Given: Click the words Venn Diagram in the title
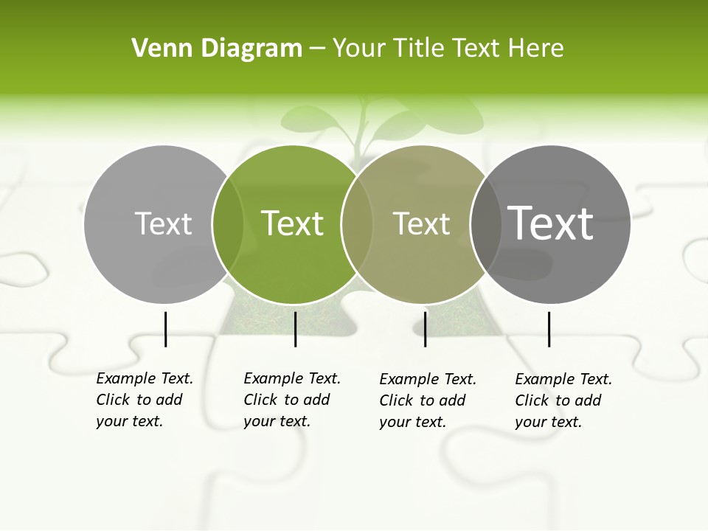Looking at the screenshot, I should (217, 49).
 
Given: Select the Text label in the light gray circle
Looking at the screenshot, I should (163, 223).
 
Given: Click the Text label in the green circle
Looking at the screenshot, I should (293, 223).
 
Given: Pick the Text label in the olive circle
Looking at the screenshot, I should (421, 223).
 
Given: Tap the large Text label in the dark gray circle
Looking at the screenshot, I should (551, 223).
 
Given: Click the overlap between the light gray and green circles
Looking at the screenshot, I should (228, 223).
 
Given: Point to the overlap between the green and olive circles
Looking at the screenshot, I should (357, 223).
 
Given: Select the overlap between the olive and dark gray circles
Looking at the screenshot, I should (485, 223).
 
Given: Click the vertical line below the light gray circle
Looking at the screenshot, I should (166, 329).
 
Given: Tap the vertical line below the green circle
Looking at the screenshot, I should (295, 329).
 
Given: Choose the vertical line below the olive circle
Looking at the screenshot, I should (426, 329).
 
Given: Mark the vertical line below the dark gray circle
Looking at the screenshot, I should (549, 329).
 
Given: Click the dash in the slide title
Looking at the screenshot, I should (317, 49).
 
